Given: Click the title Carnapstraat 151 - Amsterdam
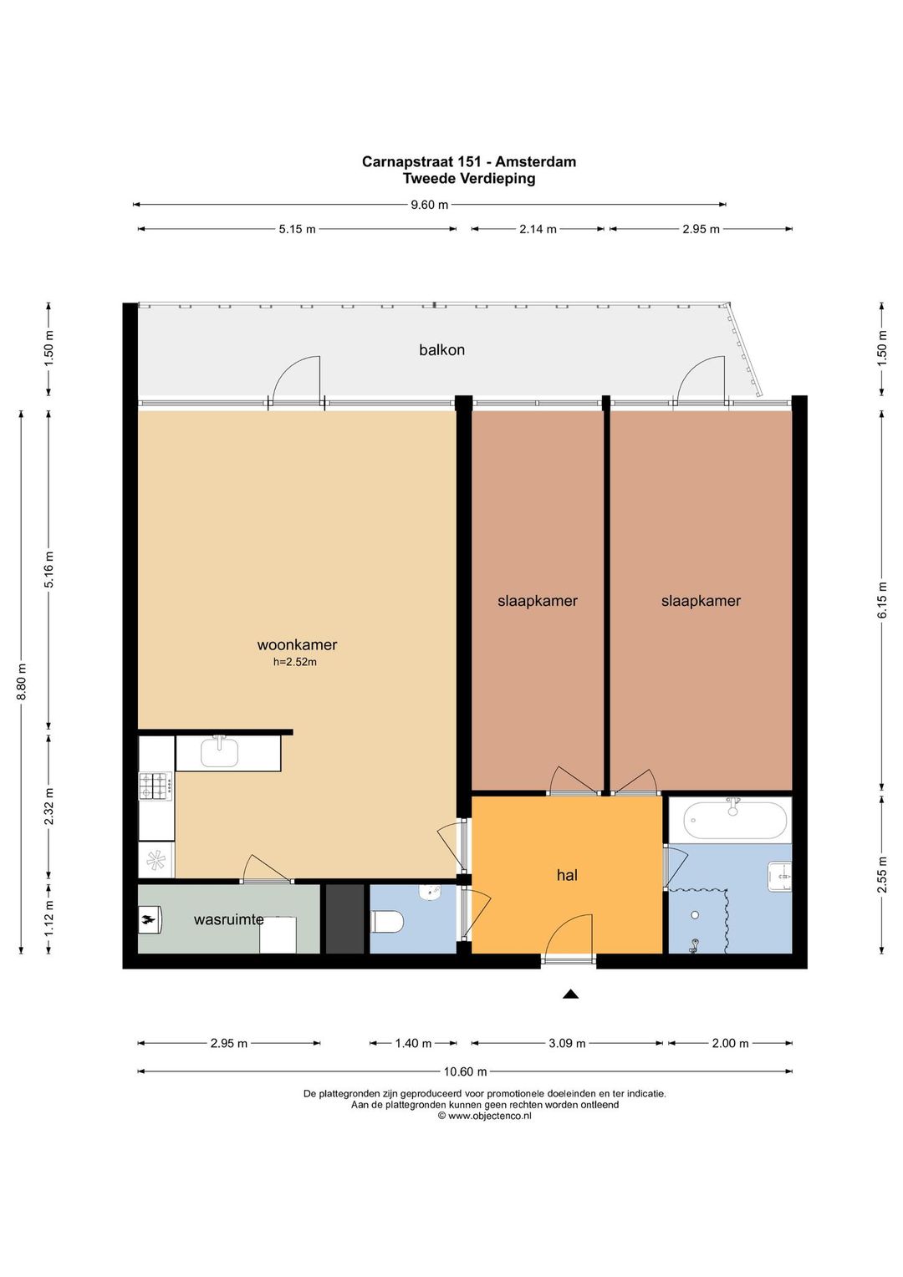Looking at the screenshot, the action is coord(469,162).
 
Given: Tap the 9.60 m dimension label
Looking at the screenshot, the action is coord(430,205).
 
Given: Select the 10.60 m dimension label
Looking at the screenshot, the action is coord(466,1071).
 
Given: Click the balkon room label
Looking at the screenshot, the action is coord(442,349).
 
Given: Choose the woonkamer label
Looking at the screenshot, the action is coord(297,645).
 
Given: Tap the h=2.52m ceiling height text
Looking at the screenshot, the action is coord(295,663).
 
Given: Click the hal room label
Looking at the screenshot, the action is coord(567,875).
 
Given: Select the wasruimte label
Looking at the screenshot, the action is coord(229,919).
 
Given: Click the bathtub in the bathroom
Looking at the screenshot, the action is coord(735,821).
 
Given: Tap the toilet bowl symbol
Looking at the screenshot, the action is coord(388,921).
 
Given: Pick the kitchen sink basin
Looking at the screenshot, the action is coord(220,753).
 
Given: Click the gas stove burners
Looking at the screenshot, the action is coord(156,786).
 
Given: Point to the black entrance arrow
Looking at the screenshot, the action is coord(570,995).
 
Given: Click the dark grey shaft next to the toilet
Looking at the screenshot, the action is coord(344,918).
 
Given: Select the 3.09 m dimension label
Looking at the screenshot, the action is coord(567,1043).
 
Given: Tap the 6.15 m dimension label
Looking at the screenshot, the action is coord(882,600).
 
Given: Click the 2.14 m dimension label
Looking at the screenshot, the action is coord(538,229).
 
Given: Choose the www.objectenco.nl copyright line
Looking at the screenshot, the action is coord(484,1116).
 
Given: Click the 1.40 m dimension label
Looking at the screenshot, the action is coord(413,1043).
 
